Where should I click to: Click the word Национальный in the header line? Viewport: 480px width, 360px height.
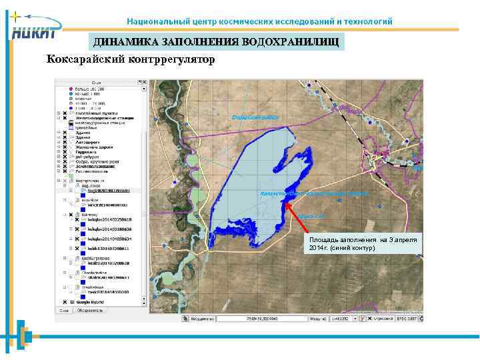(x=153, y=21)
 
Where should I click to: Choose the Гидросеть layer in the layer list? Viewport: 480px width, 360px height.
(x=87, y=152)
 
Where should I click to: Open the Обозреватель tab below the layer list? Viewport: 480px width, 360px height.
(x=91, y=310)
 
